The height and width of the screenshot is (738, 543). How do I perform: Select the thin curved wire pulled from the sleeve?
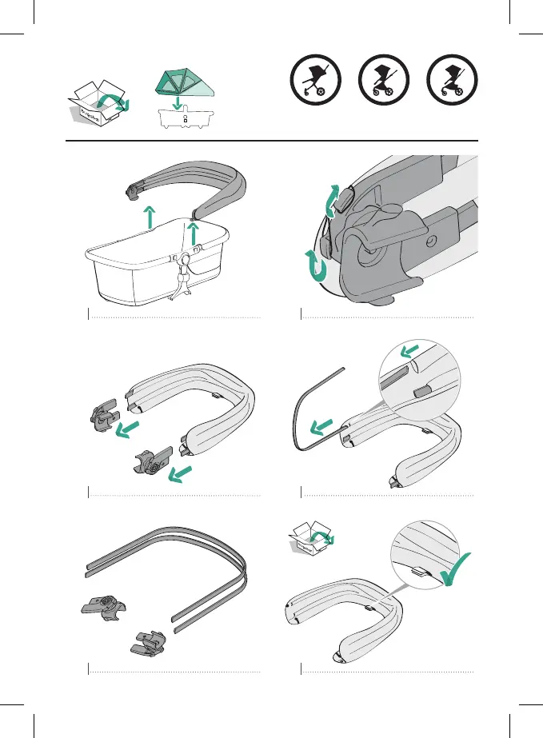point(308,416)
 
